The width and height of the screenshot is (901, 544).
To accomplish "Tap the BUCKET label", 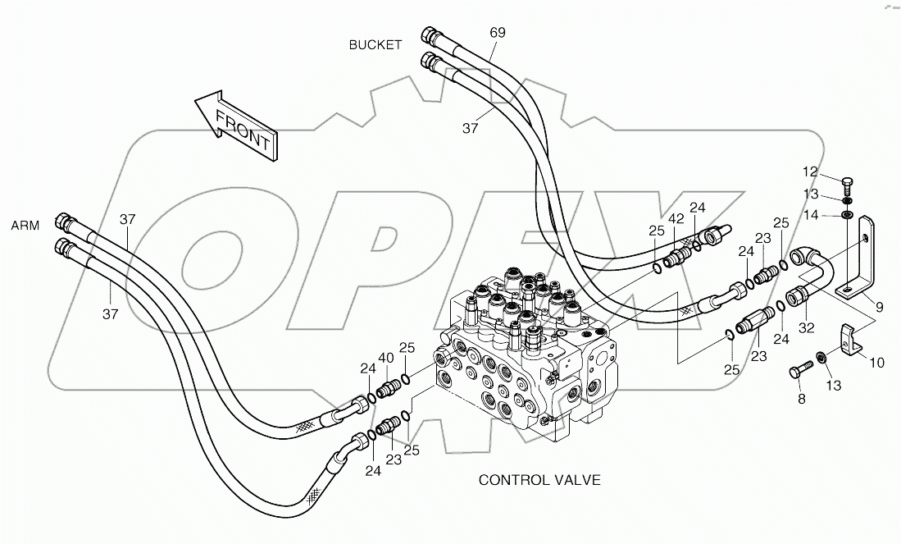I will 375,45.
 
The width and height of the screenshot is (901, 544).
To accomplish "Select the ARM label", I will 25,225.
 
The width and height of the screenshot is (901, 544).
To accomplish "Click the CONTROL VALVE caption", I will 539,480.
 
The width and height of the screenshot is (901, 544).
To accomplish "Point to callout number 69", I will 498,33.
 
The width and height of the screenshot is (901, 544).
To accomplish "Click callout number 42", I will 676,219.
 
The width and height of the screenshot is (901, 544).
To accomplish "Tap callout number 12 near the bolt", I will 810,172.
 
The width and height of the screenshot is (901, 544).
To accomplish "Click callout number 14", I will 810,216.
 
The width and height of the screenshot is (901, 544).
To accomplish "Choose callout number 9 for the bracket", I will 878,308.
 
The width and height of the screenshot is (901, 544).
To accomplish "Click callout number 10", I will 876,361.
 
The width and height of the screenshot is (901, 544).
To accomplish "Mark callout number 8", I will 801,399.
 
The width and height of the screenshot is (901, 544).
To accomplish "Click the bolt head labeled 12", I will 849,181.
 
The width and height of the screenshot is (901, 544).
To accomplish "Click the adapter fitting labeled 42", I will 676,258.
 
